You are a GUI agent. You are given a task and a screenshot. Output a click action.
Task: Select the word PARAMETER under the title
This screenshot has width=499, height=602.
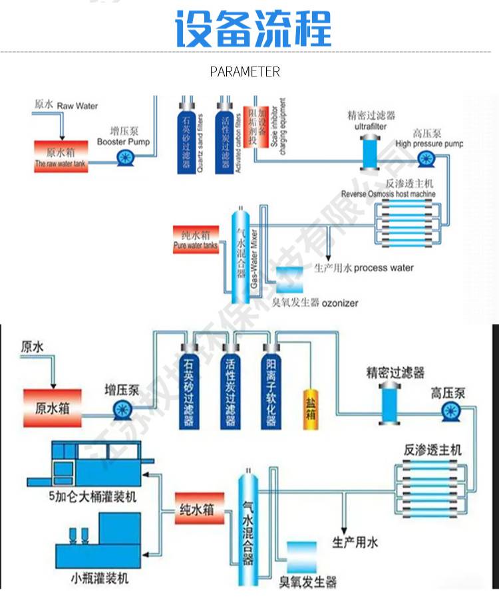(245, 72)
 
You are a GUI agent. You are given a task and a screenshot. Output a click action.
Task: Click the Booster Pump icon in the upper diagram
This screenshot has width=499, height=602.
(124, 158)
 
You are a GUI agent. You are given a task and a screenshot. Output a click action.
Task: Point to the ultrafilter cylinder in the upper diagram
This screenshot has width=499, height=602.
(368, 152)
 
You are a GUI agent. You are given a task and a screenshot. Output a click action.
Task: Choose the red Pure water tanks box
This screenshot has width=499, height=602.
(195, 240)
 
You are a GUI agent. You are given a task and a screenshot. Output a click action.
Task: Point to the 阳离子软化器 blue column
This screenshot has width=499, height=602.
(270, 388)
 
